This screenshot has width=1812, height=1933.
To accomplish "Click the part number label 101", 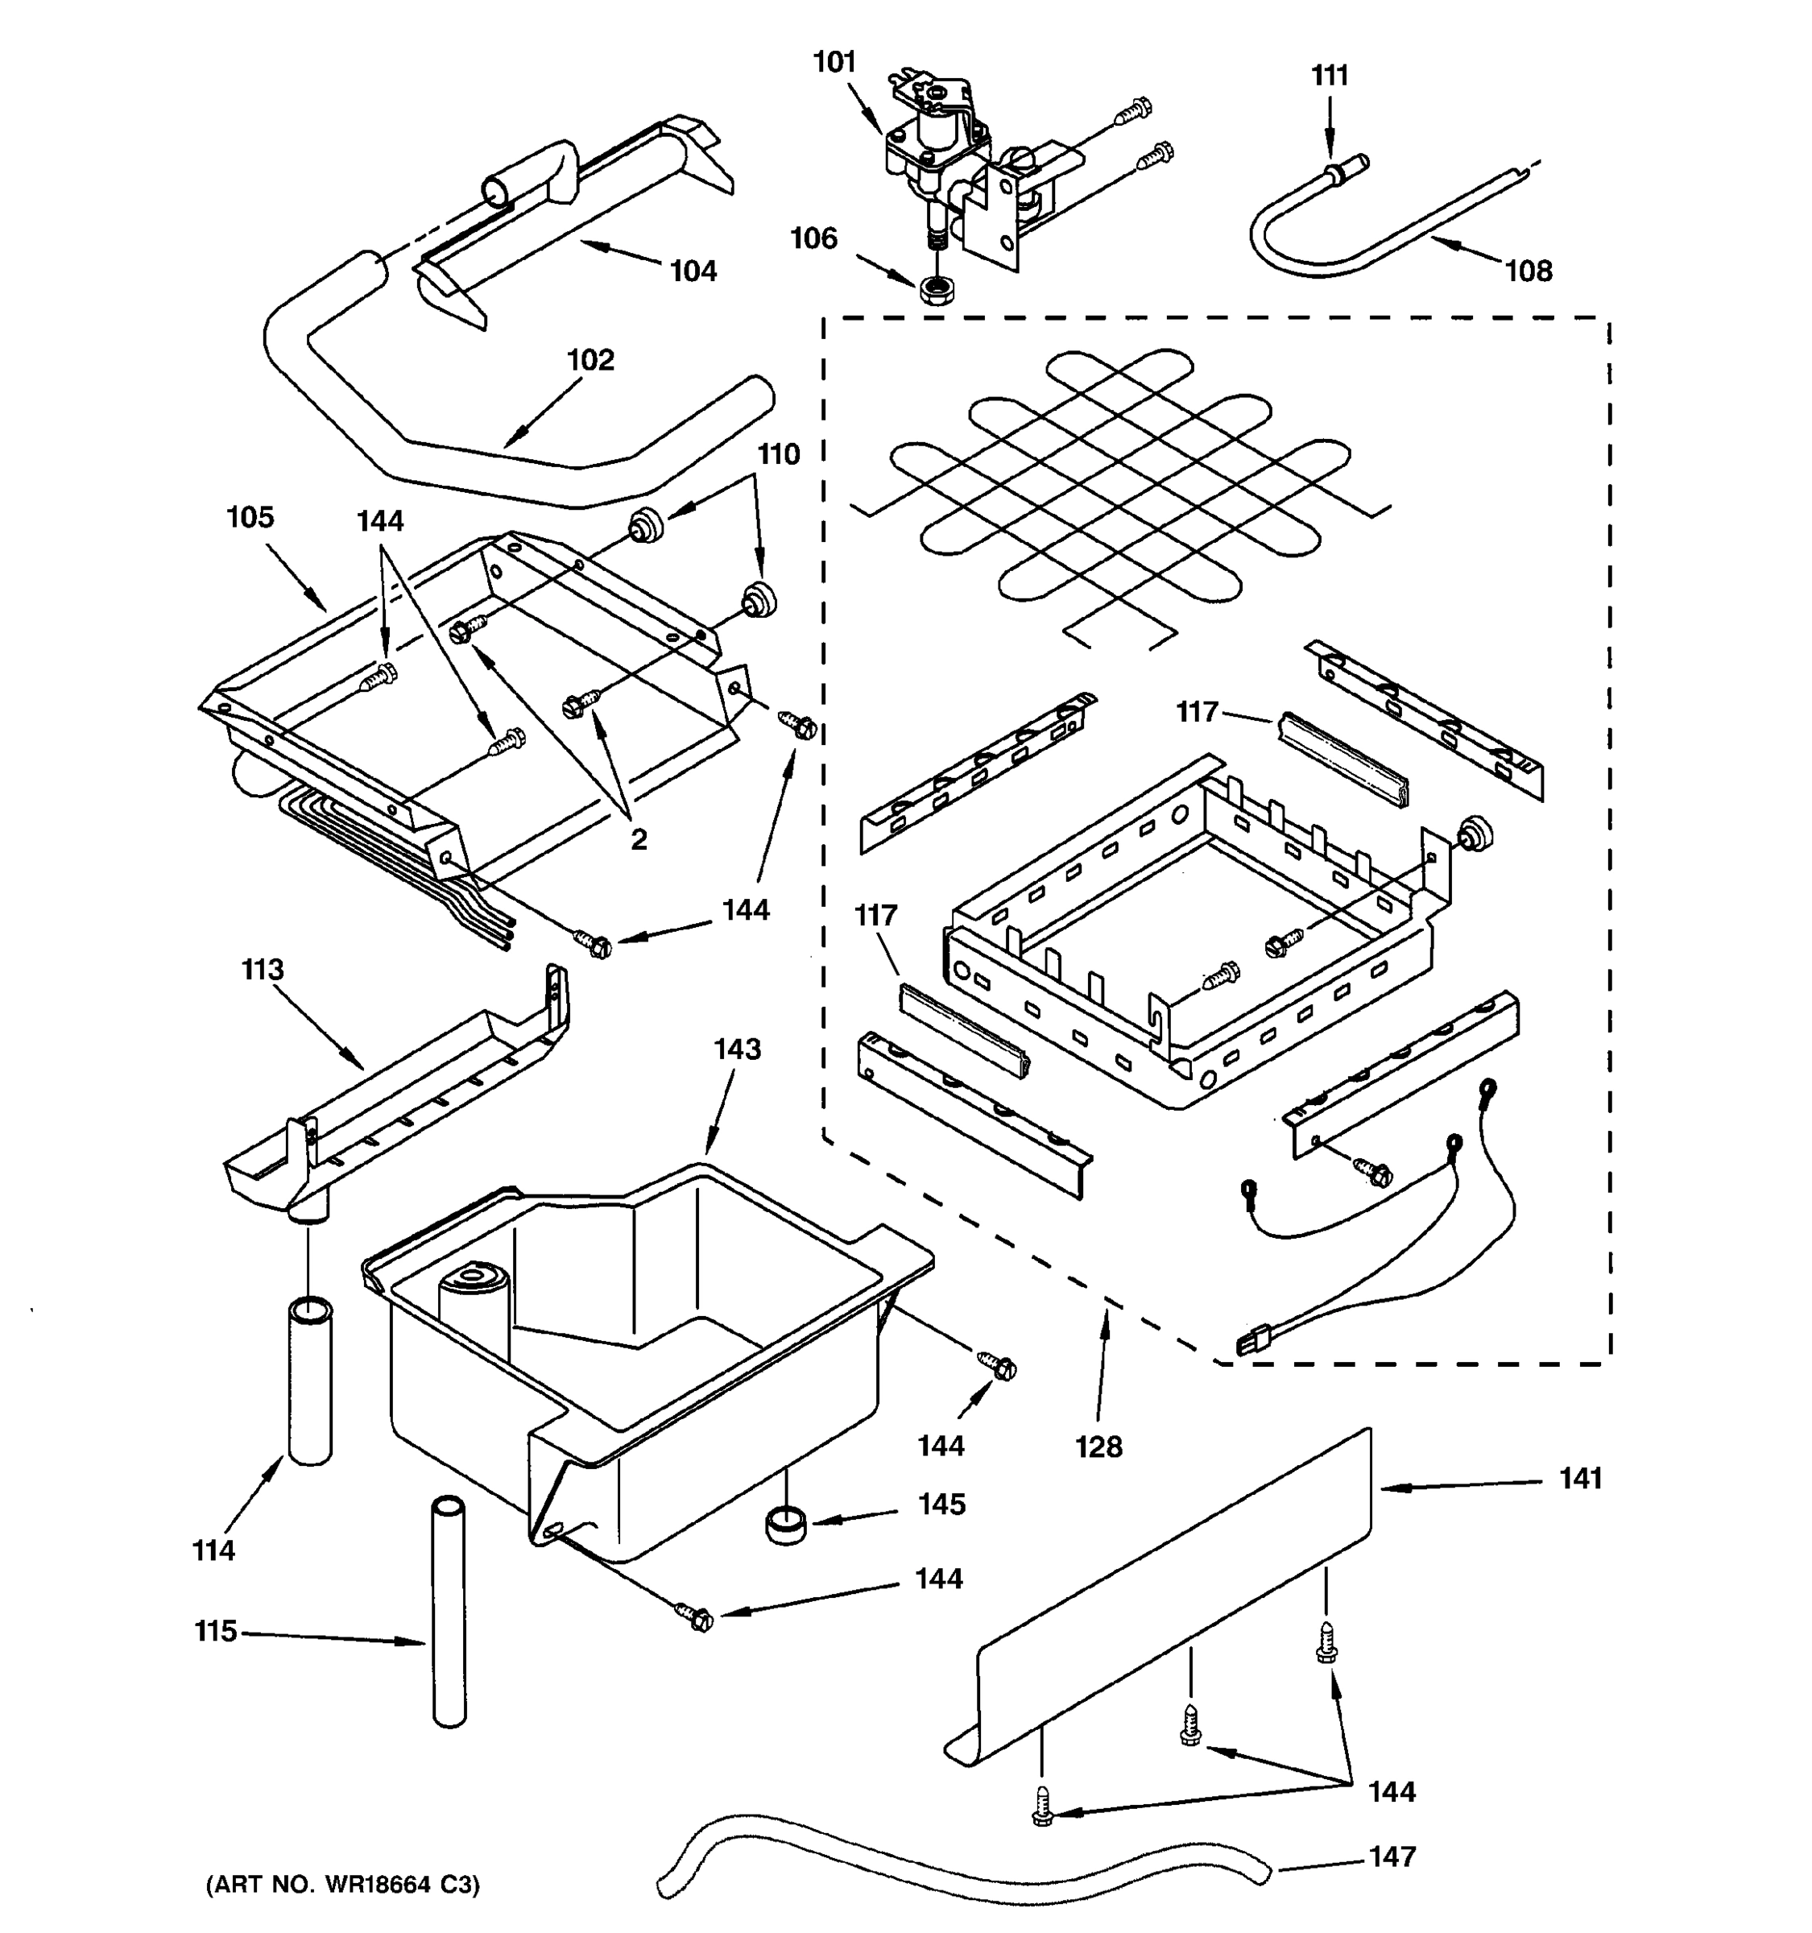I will [x=834, y=62].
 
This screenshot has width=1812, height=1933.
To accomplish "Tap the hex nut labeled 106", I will [x=935, y=290].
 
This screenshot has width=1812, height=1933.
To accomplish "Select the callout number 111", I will [x=1330, y=76].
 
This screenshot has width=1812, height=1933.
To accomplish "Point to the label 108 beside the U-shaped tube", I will [x=1529, y=271].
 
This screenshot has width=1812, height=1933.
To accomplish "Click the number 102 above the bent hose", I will [x=590, y=360].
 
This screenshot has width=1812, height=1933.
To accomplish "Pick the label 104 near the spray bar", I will [x=693, y=271].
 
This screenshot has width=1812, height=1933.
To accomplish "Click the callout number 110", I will [x=779, y=454].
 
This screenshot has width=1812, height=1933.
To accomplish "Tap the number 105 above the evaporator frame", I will [x=250, y=517].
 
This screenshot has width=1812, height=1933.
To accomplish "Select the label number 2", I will [x=638, y=840].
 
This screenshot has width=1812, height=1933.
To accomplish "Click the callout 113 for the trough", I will [x=263, y=970].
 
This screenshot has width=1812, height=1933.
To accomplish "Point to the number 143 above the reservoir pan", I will [x=737, y=1049].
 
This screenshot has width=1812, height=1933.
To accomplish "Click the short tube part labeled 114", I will [x=310, y=1380].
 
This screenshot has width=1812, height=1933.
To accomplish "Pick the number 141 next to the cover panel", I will [x=1581, y=1479].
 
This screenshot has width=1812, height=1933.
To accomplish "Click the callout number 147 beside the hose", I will [x=1392, y=1857].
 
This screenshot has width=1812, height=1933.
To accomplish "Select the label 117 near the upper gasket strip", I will [x=1197, y=712].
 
